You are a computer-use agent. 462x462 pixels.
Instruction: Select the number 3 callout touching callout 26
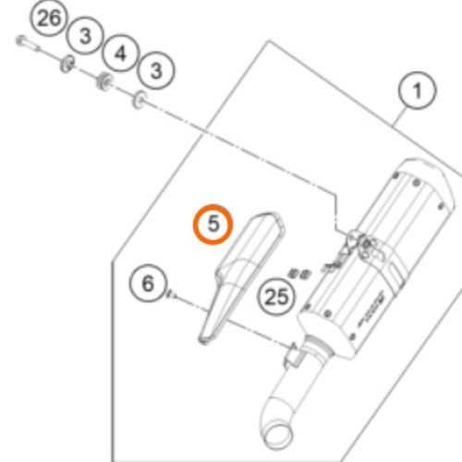[85, 36]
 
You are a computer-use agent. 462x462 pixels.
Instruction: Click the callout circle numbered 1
[417, 91]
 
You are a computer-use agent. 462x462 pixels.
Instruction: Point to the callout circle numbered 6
[148, 282]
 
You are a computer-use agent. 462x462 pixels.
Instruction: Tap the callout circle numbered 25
[276, 297]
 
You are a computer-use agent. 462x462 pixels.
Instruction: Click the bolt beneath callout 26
[26, 42]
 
